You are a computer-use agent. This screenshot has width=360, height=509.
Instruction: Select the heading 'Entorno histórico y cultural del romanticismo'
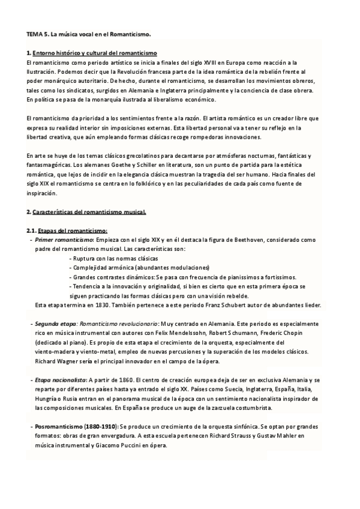coord(94,53)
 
